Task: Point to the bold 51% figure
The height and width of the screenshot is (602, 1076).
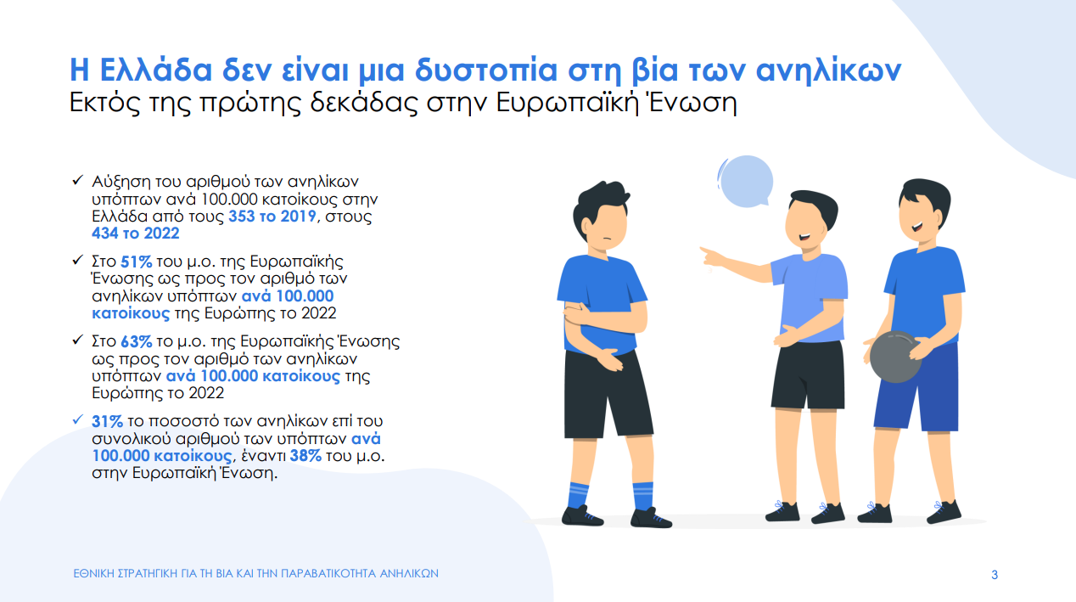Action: (x=135, y=262)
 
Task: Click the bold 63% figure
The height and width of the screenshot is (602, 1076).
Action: (x=135, y=342)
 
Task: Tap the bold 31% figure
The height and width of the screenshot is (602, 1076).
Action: (x=108, y=421)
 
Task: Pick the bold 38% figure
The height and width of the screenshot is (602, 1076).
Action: (x=305, y=456)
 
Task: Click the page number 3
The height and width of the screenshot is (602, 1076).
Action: (x=995, y=575)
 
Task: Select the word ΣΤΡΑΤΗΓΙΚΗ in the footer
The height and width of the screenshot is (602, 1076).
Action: (x=164, y=574)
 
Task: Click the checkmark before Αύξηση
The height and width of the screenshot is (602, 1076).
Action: (x=77, y=182)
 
